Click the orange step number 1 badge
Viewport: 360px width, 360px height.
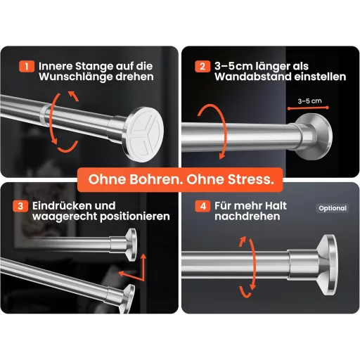coord(27,66)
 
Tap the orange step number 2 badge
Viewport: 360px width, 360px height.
coord(202,66)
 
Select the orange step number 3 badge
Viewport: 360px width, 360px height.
coord(20,206)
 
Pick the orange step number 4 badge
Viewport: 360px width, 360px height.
coord(203,206)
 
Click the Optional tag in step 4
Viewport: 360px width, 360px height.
coord(333,208)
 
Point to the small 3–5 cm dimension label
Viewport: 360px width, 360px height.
coord(309,101)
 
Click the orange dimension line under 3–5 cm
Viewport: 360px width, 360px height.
coord(308,108)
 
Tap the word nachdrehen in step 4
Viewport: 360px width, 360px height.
coord(247,217)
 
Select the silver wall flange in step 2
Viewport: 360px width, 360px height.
coord(314,136)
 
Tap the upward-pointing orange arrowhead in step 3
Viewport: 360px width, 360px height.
coord(143,257)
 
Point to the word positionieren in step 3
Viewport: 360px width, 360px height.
coord(135,217)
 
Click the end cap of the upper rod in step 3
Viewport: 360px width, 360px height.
coord(131,245)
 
